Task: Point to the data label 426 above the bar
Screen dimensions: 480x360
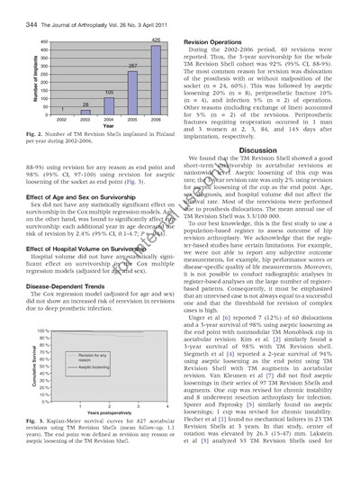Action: (156, 40)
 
